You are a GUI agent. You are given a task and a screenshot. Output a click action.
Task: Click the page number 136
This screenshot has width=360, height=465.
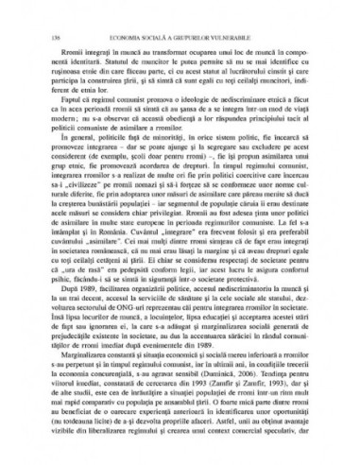46,12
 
